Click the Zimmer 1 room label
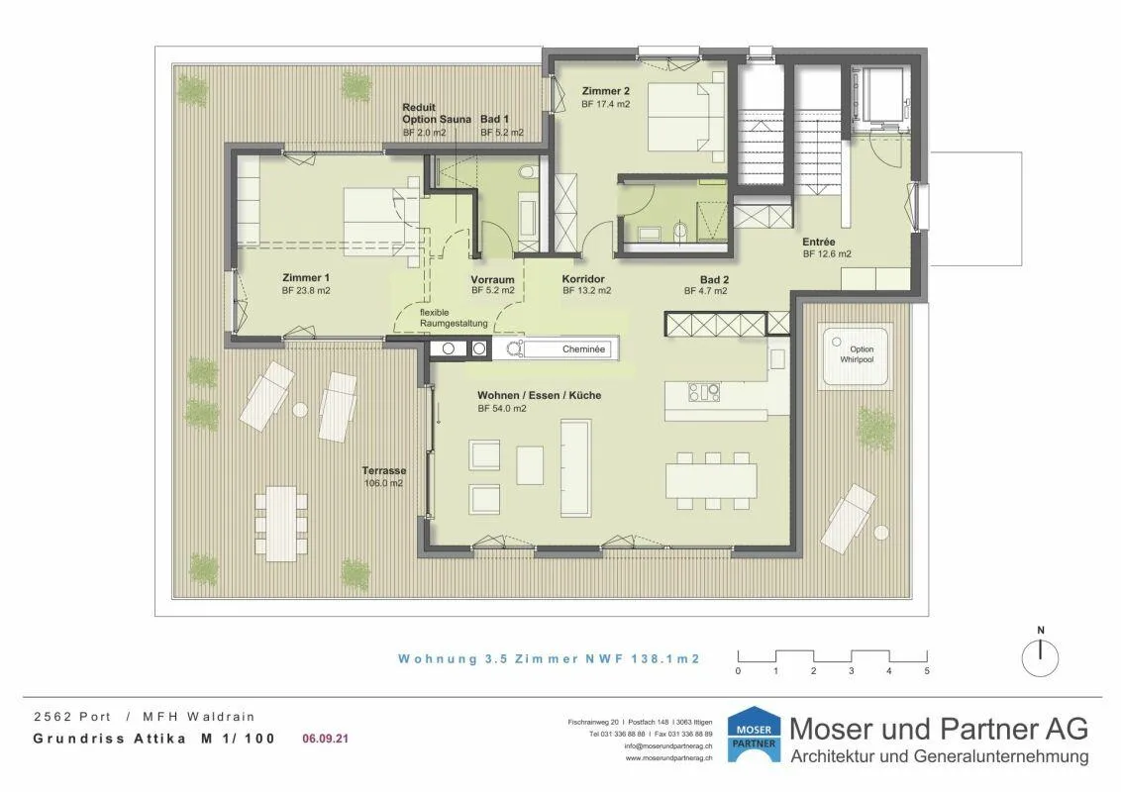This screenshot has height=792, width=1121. point(306,278)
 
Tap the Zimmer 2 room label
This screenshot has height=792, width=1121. point(605,91)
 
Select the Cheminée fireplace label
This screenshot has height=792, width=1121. point(583,349)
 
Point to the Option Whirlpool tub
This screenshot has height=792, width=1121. point(856,357)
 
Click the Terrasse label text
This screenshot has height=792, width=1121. point(384,471)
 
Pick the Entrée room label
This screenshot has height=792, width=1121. point(819,243)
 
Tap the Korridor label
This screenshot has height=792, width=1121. point(583,279)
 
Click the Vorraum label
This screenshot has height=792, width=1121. point(492,279)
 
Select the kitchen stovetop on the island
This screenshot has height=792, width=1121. point(703,392)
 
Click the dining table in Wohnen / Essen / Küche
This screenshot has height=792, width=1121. point(711,480)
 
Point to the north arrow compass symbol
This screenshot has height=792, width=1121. point(1040,653)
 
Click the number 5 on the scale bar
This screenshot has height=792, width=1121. point(927,671)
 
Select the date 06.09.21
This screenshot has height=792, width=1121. point(325,739)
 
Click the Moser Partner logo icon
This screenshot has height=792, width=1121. point(754,735)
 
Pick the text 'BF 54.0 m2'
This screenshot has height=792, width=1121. point(502,409)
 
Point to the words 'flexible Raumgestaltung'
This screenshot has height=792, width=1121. point(454,318)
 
